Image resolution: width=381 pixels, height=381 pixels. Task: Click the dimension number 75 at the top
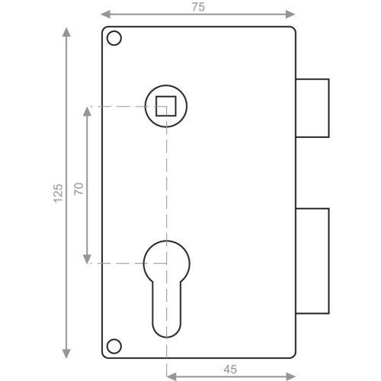pos(198,6)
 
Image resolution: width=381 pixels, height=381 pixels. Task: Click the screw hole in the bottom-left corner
pos(114,346)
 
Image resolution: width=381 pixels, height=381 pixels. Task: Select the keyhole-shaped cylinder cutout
pos(164,282)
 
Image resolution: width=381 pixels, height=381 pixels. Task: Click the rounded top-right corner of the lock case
pos(291,30)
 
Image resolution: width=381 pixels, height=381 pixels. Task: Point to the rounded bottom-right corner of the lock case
pos(291,354)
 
